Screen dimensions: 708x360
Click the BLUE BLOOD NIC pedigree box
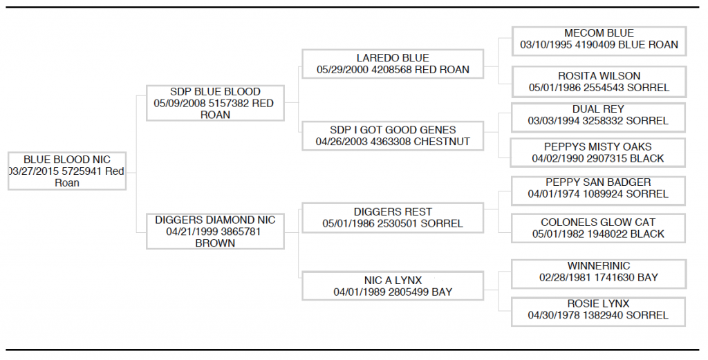67,171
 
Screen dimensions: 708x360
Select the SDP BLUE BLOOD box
216,103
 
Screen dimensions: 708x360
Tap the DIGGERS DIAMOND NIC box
216,231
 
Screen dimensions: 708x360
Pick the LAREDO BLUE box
393,64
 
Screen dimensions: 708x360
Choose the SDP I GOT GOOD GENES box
393,136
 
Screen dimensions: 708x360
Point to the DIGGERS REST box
393,218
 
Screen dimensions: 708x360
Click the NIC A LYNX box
393,286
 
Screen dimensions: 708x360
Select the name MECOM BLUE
599,33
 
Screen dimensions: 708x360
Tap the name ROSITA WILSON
599,76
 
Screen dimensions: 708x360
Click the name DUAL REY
598,109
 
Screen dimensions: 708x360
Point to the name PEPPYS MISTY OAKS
598,146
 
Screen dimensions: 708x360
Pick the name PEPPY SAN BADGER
598,182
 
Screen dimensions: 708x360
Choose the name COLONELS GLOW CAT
598,222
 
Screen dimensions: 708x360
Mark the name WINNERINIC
599,266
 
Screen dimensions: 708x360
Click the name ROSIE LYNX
598,303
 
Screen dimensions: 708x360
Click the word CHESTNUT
442,142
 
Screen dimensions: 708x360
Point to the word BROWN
216,243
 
